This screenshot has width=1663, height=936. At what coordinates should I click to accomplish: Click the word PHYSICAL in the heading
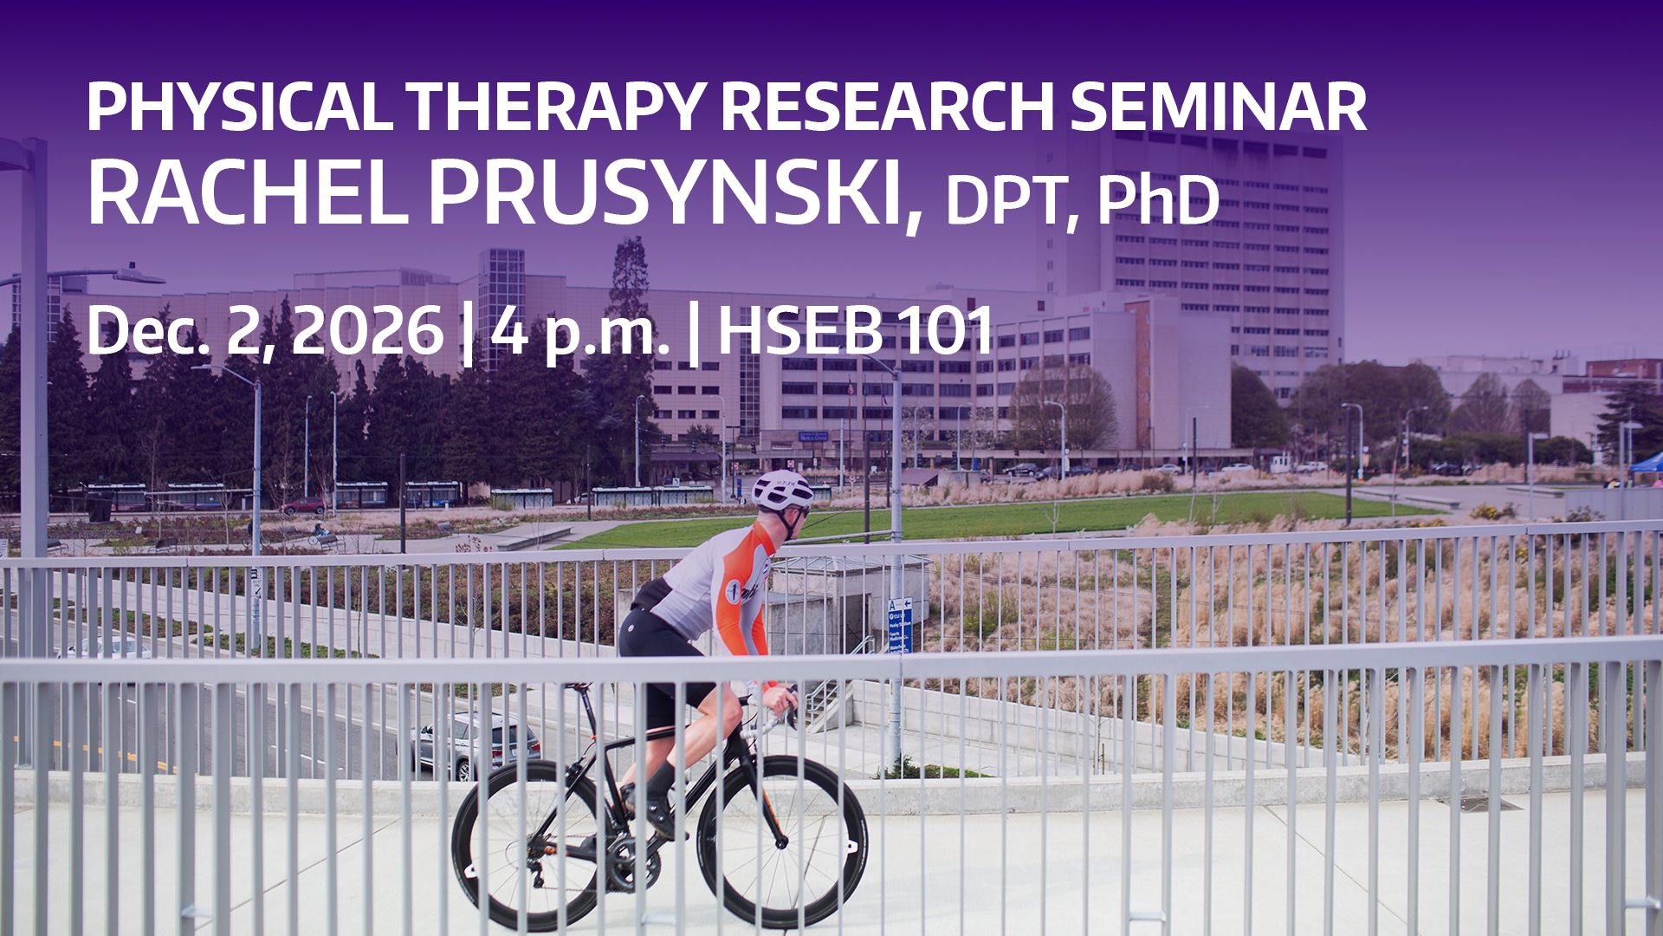[239, 107]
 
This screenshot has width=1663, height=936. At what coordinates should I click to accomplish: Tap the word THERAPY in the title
[555, 107]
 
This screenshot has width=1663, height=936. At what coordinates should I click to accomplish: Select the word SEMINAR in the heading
[1218, 107]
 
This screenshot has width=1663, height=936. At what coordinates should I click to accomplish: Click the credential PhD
[1158, 199]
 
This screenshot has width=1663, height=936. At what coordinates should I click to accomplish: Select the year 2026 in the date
[367, 330]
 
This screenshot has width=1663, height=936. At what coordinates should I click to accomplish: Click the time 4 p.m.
[579, 334]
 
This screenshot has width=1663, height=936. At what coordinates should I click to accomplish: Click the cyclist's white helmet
[782, 491]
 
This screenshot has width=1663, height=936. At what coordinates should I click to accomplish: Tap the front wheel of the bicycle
[782, 842]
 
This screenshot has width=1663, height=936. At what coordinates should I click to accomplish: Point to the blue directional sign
[900, 624]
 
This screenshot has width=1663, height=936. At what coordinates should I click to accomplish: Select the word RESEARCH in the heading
[887, 107]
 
